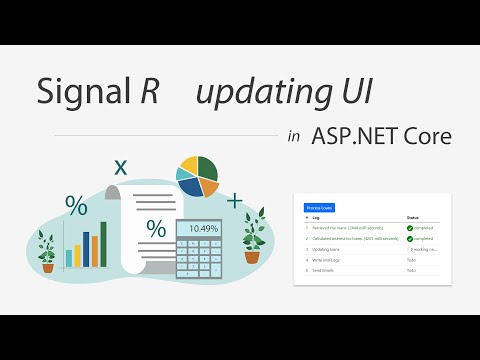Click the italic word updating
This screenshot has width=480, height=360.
[252, 93]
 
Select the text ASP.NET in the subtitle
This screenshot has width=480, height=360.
[350, 137]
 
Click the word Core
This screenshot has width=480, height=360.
[425, 137]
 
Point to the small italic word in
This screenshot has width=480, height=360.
[293, 138]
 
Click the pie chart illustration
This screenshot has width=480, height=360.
[197, 176]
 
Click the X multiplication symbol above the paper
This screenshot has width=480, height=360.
[121, 167]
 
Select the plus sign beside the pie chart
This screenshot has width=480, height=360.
[235, 202]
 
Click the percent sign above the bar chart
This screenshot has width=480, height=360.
[76, 206]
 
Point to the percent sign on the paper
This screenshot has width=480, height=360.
[156, 229]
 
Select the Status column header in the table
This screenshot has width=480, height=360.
[413, 217]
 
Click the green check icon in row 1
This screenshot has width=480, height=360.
[410, 228]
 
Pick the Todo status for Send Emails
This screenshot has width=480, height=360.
[411, 271]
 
